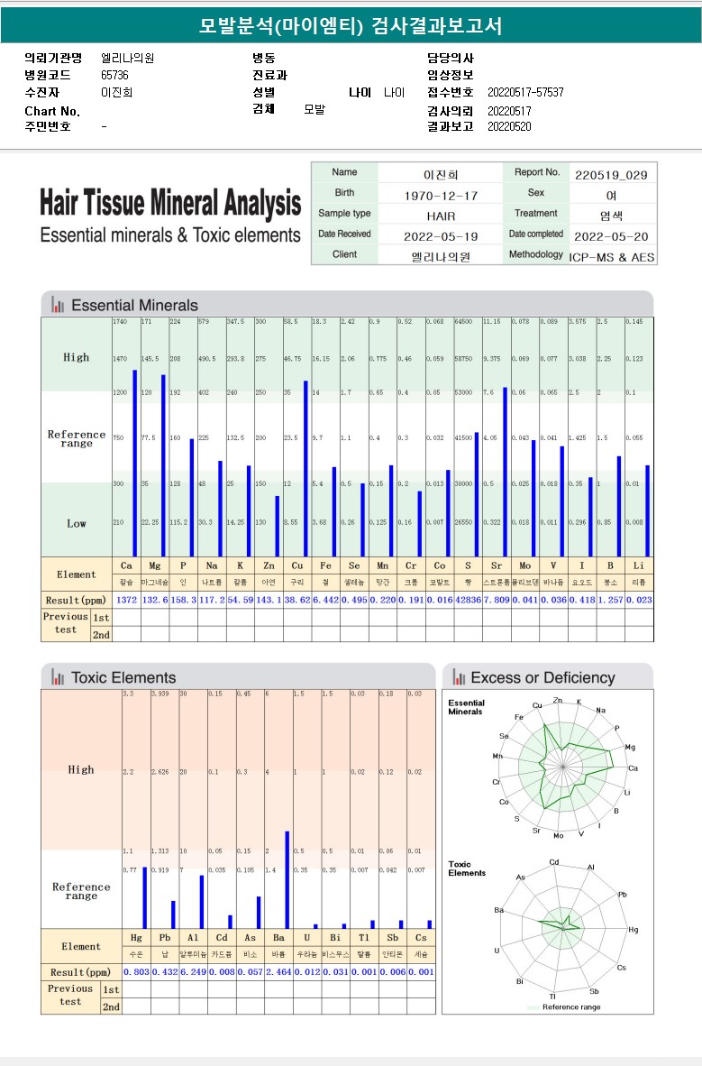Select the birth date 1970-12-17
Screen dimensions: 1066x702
[x=441, y=195]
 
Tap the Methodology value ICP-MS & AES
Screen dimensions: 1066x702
[x=613, y=256]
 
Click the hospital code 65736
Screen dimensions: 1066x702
[x=114, y=76]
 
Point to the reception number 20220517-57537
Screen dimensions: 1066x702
[x=525, y=93]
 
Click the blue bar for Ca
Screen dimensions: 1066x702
[x=135, y=463]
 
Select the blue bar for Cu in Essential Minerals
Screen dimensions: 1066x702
[x=305, y=468]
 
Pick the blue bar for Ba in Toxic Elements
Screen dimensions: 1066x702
[x=287, y=879]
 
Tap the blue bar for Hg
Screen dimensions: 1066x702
[x=144, y=896]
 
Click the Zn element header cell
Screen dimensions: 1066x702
[x=269, y=565]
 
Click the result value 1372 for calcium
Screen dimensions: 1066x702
[x=126, y=600]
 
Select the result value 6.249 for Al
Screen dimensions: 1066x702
[x=194, y=972]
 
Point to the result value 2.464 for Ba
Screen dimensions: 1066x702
[x=278, y=972]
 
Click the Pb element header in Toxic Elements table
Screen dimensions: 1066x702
[x=165, y=939]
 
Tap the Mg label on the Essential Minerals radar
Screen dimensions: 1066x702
[x=630, y=748]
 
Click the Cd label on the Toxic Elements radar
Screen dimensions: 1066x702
[x=554, y=862]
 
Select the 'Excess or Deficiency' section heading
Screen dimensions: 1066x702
[x=542, y=678]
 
